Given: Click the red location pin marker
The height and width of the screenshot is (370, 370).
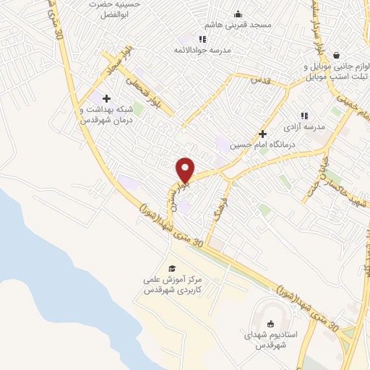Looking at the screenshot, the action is (186, 169).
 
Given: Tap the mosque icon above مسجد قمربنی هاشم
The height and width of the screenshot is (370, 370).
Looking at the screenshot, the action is (238, 14).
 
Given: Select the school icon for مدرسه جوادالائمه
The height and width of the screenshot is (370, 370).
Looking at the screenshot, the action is (202, 39).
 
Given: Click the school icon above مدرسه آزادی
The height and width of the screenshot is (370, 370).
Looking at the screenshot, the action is (304, 116).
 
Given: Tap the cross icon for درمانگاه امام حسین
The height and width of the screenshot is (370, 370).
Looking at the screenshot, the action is (262, 134).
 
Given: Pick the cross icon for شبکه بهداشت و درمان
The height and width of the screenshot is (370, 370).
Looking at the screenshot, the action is (106, 98).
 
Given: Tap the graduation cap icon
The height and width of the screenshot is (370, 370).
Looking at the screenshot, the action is (171, 269).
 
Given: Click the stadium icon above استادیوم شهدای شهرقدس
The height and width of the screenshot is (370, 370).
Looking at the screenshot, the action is (272, 324).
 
